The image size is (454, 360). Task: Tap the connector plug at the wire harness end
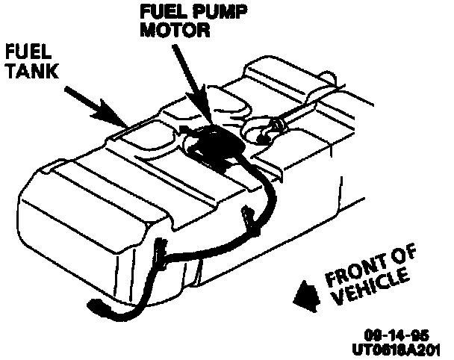pos(97,308)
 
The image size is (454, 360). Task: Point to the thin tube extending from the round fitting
pos(314,108)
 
